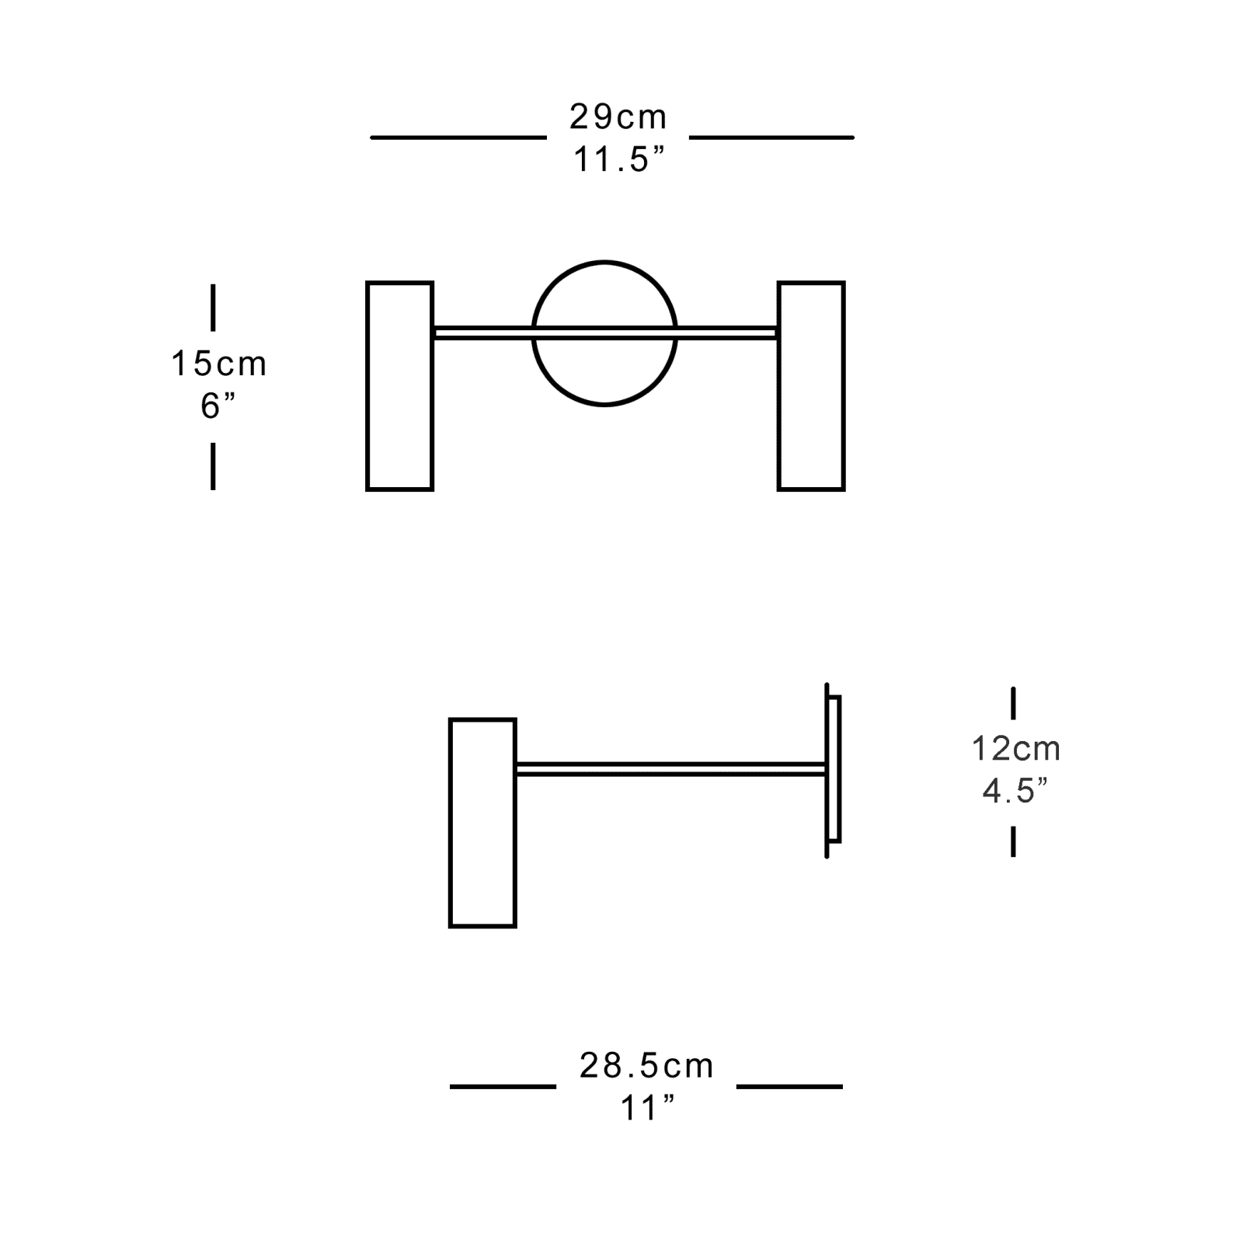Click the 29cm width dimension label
618,117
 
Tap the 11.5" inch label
619,160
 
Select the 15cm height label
218,364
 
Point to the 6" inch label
217,406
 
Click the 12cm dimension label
1015,749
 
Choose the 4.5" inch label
1015,791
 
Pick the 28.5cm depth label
646,1066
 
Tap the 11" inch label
646,1109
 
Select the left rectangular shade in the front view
399,386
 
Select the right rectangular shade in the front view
811,386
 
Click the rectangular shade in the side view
482,823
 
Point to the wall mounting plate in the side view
833,769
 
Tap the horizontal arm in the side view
670,769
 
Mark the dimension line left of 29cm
458,138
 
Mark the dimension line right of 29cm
771,138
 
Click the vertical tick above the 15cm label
213,308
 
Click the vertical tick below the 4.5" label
1013,841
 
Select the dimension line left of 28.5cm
503,1086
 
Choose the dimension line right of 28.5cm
789,1086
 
